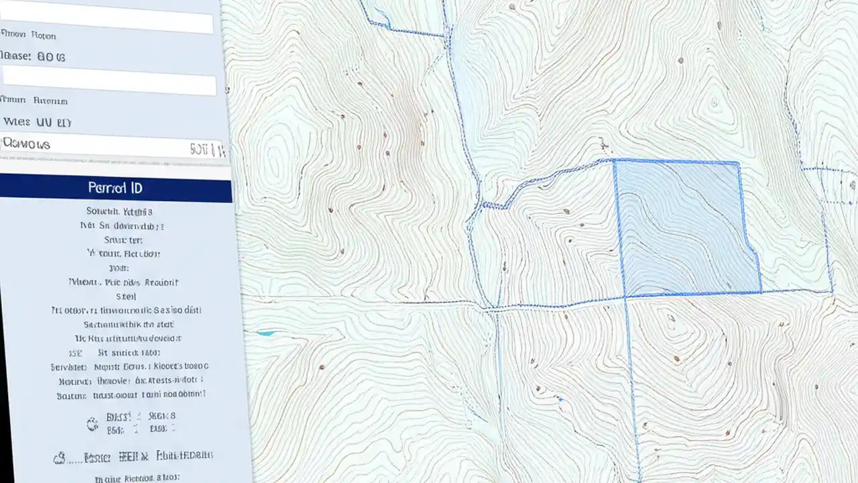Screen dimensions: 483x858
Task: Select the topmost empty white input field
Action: [107, 22]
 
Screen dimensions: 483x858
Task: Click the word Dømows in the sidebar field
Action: [27, 144]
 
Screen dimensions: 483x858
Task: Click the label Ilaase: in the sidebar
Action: [16, 57]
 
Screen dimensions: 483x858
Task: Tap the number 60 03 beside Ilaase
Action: [52, 58]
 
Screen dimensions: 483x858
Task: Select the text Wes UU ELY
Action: [38, 123]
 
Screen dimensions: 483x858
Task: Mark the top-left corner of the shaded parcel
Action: [614, 160]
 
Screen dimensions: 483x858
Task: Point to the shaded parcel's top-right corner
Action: [738, 163]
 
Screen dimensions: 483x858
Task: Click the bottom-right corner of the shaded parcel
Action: [761, 292]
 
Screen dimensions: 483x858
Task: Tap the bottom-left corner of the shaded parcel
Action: [625, 297]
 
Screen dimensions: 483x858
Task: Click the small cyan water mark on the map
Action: [265, 333]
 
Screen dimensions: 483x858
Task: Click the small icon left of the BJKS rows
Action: [93, 423]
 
